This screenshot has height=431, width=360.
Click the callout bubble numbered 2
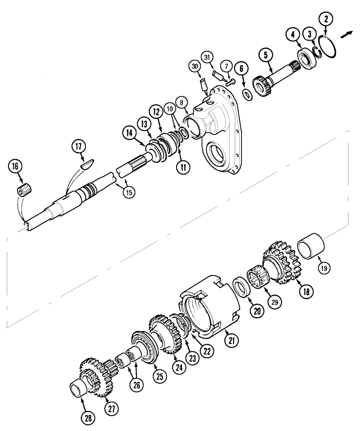tap(326, 19)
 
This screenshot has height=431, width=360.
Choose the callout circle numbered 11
tap(184, 167)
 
